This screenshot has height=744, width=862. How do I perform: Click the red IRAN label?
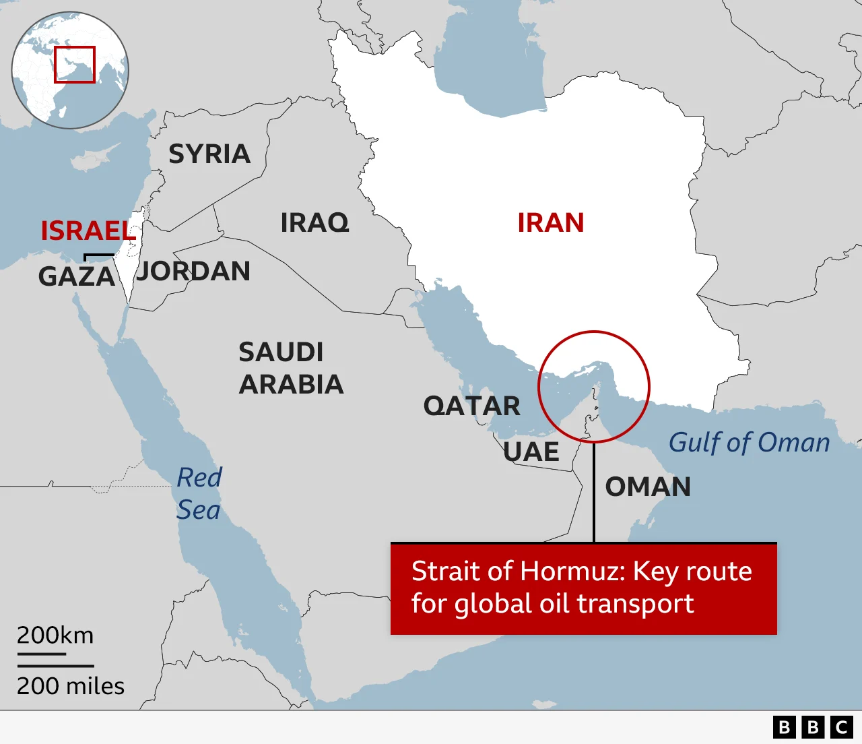[x=550, y=223]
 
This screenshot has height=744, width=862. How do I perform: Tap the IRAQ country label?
[x=314, y=223]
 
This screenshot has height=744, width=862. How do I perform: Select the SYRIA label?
[x=209, y=154]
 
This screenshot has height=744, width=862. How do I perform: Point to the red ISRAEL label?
[x=88, y=231]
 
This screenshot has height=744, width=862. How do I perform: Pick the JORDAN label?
[x=193, y=272]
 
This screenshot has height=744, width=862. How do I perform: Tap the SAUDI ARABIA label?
[x=290, y=368]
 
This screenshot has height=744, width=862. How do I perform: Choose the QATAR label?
[x=471, y=406]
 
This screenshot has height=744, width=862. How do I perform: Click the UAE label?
[x=531, y=452]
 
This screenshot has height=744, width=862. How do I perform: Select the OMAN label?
[x=648, y=487]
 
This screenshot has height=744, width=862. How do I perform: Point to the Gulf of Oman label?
[x=749, y=443]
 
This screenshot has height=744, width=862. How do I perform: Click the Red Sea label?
[x=199, y=493]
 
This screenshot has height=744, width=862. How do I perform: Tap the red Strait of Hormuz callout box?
[x=583, y=588]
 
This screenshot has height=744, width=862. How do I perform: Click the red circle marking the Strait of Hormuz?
[x=593, y=386]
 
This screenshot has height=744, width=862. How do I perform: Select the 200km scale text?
[x=55, y=635]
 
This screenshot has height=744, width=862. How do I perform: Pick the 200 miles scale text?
[x=71, y=686]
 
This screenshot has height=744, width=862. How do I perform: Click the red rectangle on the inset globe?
[x=75, y=65]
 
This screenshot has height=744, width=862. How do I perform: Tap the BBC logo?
[x=813, y=727]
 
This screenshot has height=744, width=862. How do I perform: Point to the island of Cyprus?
[x=91, y=161]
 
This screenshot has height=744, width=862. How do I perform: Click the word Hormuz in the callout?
[x=572, y=571]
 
